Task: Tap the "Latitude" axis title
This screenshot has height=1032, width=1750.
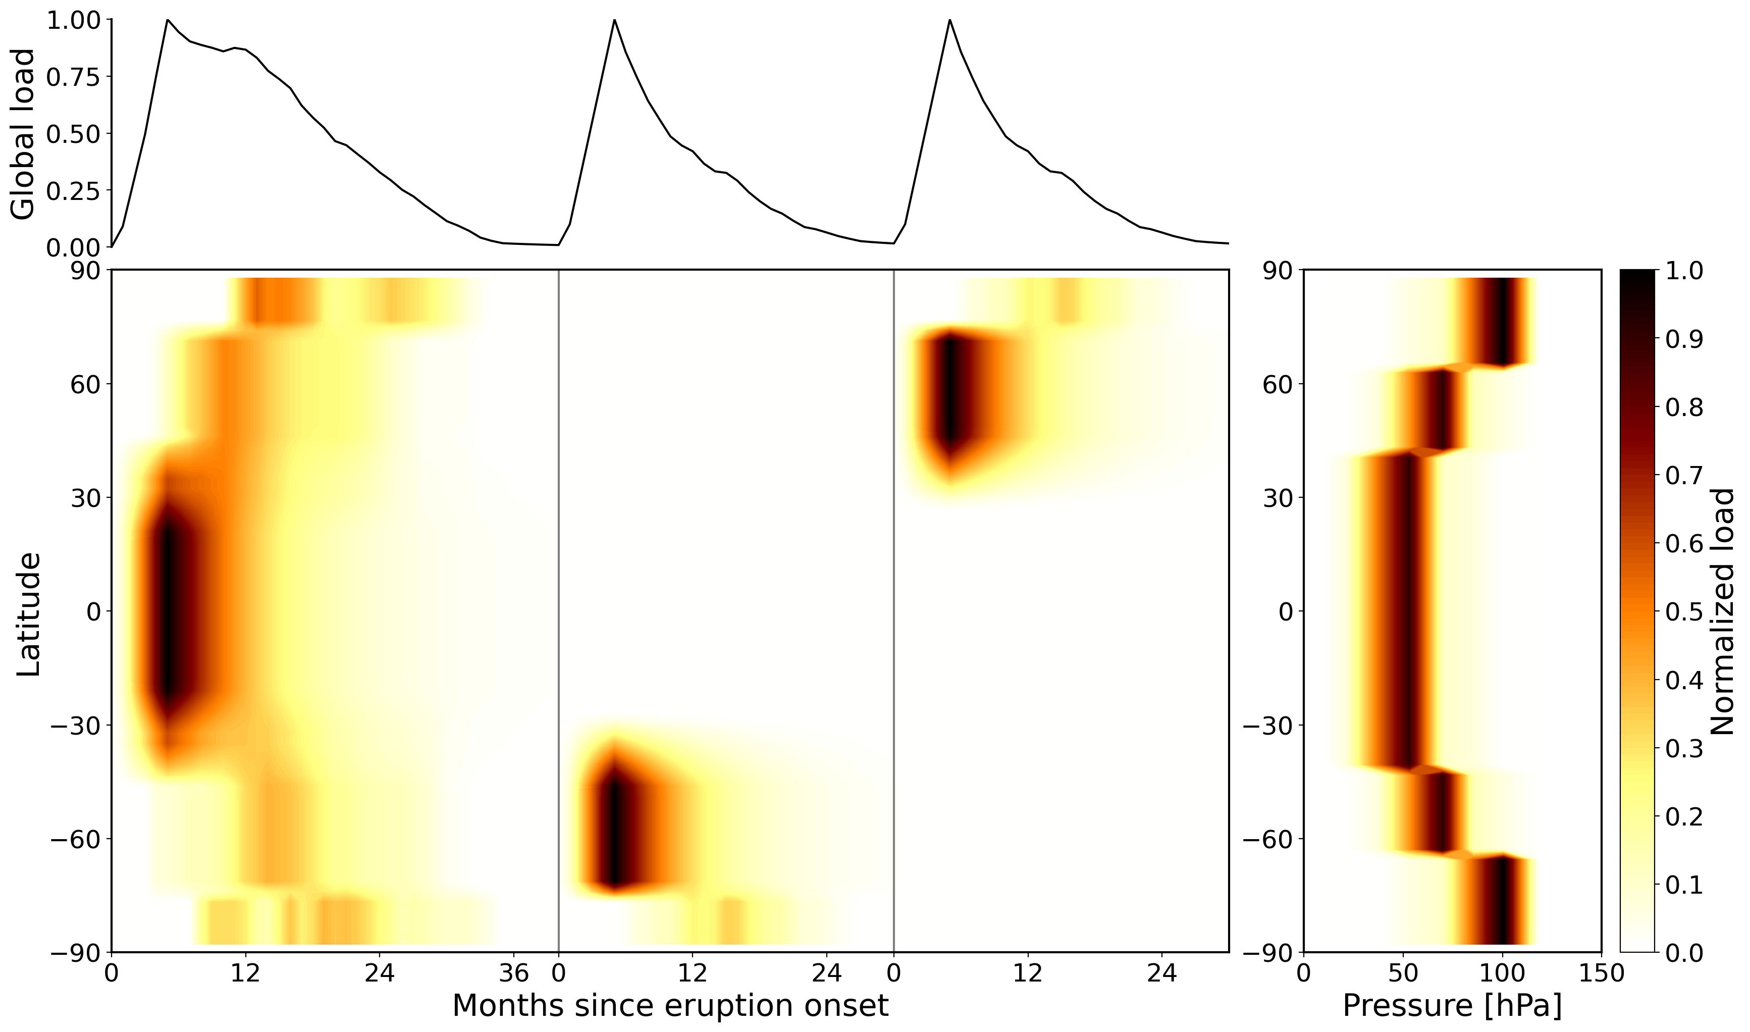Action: click(28, 614)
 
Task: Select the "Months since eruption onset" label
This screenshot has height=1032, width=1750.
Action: click(670, 1006)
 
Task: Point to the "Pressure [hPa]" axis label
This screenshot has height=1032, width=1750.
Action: click(1452, 1006)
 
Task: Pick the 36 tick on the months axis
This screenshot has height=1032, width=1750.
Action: click(514, 973)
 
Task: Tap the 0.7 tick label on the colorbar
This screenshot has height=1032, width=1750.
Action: click(1684, 476)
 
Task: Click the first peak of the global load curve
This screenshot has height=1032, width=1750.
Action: click(168, 20)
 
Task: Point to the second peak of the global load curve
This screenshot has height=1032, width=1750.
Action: click(615, 20)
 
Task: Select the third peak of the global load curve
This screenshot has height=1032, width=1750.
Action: click(950, 20)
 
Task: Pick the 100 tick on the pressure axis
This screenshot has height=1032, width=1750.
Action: click(1503, 973)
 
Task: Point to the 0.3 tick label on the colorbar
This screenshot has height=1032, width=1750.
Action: click(1684, 749)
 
